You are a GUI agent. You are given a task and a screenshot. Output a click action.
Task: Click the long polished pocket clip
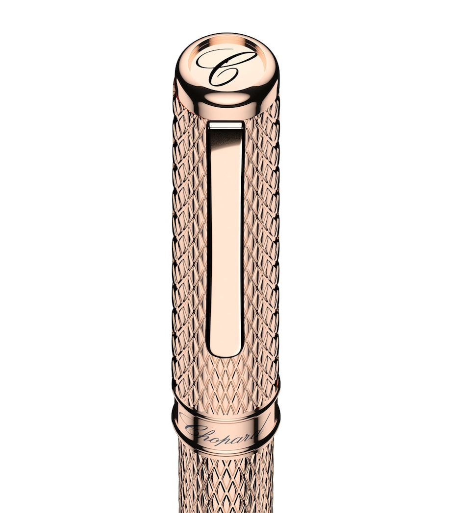tap(226, 235)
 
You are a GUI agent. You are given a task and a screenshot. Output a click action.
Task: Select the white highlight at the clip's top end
tap(226, 126)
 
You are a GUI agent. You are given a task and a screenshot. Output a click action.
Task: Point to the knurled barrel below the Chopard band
tap(226, 485)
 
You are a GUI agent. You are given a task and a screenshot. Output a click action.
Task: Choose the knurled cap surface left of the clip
tap(189, 235)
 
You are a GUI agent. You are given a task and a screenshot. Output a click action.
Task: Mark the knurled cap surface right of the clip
tap(262, 235)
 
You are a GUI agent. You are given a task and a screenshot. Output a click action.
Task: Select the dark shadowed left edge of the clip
tap(208, 235)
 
